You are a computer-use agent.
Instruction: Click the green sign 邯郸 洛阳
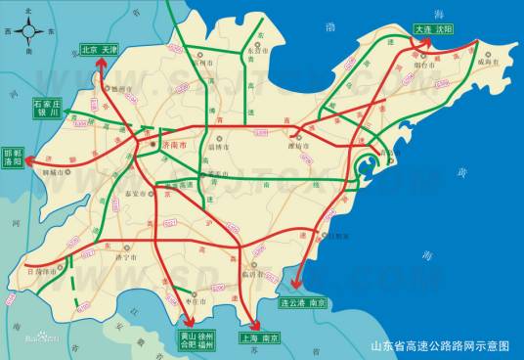pos(13,157)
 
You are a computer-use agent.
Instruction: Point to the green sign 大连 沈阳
pos(434,29)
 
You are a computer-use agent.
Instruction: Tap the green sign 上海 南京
pos(259,338)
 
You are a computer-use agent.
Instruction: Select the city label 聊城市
pos(60,172)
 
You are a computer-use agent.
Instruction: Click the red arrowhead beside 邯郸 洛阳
pos(30,157)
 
